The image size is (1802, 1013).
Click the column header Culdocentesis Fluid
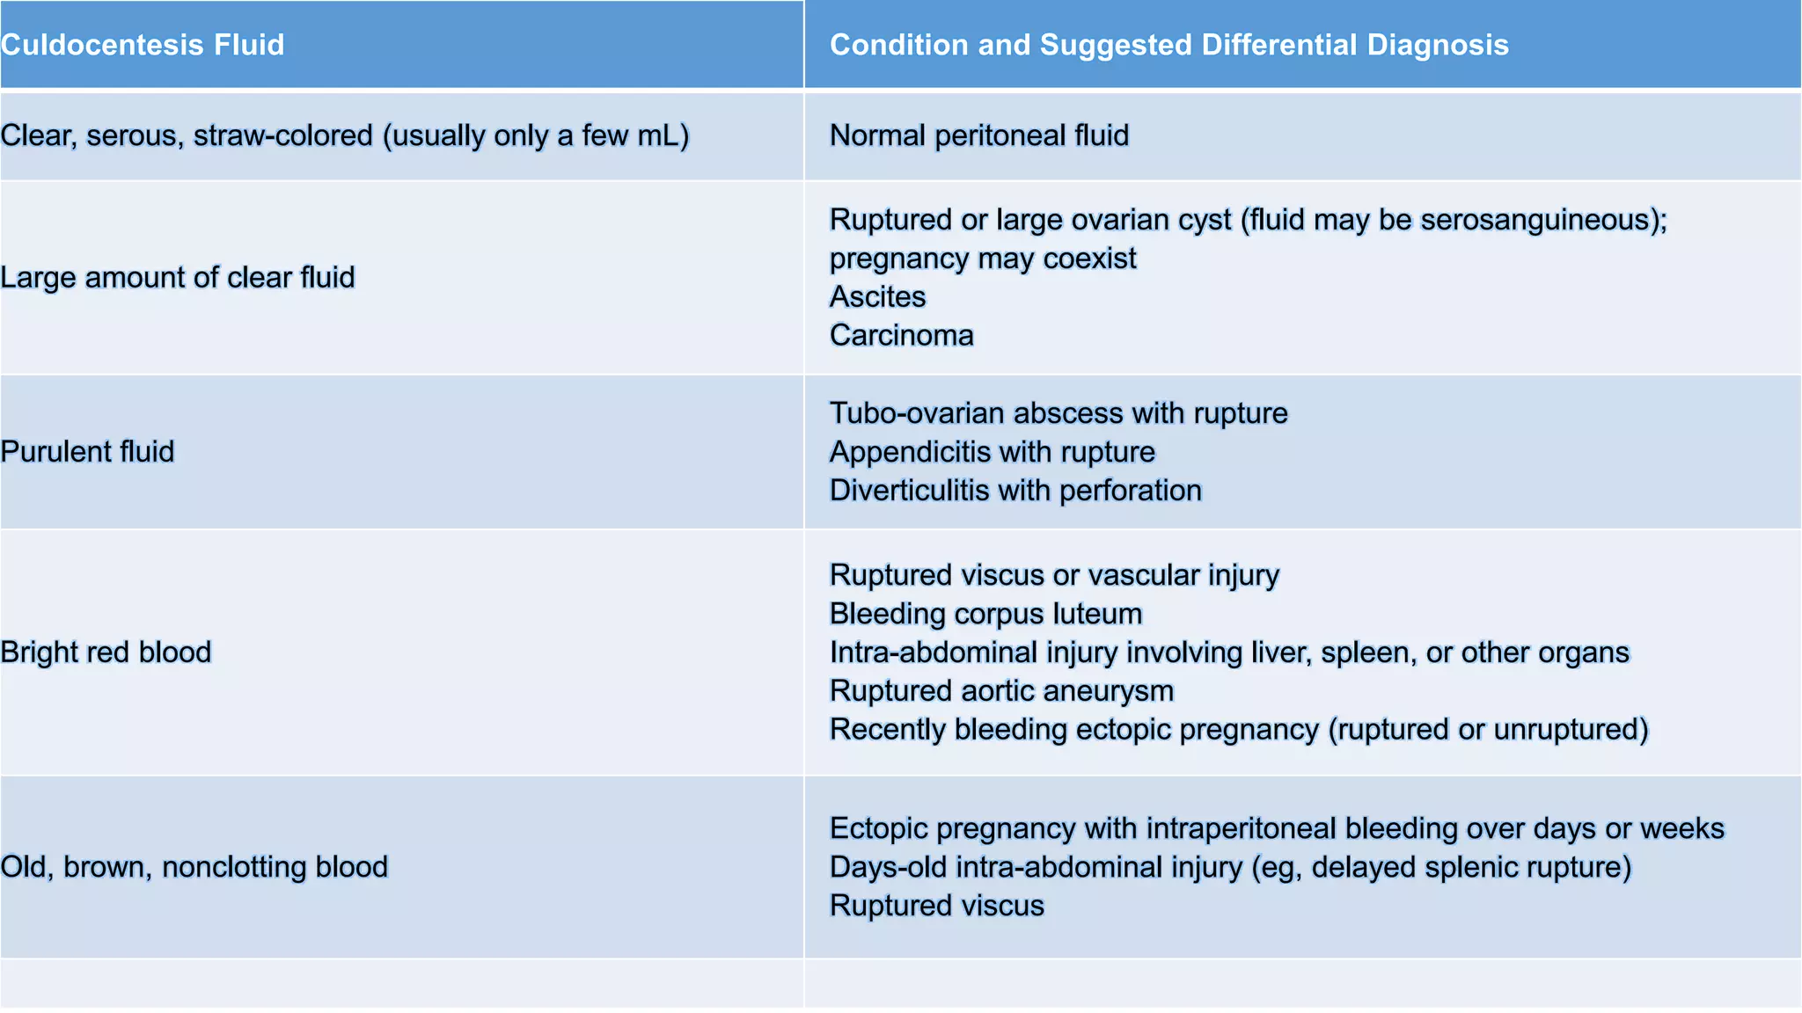[x=143, y=45]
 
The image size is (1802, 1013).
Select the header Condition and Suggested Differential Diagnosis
[x=1168, y=45]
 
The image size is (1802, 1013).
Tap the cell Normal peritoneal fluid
[x=978, y=135]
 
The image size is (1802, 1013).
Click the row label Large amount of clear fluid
[x=178, y=278]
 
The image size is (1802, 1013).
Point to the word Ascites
[x=877, y=297]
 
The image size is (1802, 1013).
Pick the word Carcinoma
[x=901, y=336]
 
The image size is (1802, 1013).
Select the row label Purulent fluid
[x=88, y=452]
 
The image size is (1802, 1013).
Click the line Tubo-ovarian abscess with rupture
[x=1058, y=413]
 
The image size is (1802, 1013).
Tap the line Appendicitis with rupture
[x=992, y=452]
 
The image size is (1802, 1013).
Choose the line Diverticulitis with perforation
[x=1015, y=491]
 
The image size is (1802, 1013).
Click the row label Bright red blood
[x=106, y=652]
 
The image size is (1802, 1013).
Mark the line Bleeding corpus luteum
[x=985, y=614]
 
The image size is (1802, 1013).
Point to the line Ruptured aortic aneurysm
[x=1001, y=691]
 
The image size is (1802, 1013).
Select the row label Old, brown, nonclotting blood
[x=194, y=867]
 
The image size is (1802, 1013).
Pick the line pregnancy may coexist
[x=982, y=259]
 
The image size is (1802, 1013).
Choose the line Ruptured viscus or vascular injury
[x=1054, y=575]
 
